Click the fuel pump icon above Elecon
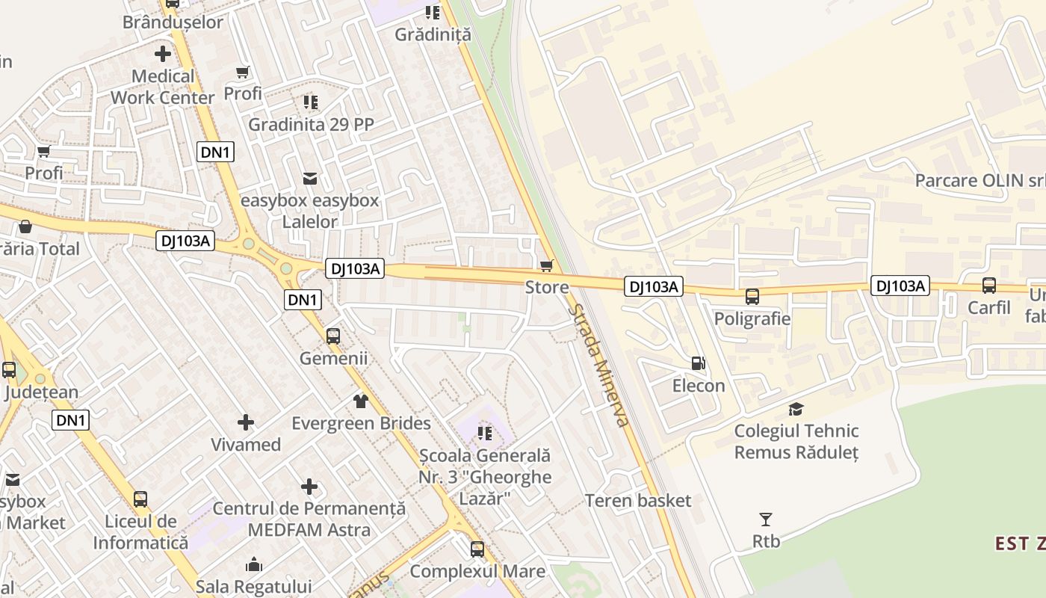coord(698,363)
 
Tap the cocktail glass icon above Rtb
coord(765,519)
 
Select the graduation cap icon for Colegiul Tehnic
coord(796,409)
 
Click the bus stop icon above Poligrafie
coord(752,296)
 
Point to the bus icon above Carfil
coord(988,285)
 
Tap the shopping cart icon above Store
coord(547,265)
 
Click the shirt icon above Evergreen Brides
coord(361,401)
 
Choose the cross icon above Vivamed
coord(245,423)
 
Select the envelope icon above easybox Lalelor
coord(309,179)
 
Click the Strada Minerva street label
coord(598,365)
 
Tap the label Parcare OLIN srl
coord(980,181)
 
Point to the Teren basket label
coord(638,501)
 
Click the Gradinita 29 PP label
coord(311,124)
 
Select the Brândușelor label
coord(173,22)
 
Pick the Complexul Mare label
coord(477,572)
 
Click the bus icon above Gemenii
coord(333,336)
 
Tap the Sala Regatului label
coord(253,585)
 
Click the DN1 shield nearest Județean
coord(71,420)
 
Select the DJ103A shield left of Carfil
coord(900,286)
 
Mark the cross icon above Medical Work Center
coord(162,54)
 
